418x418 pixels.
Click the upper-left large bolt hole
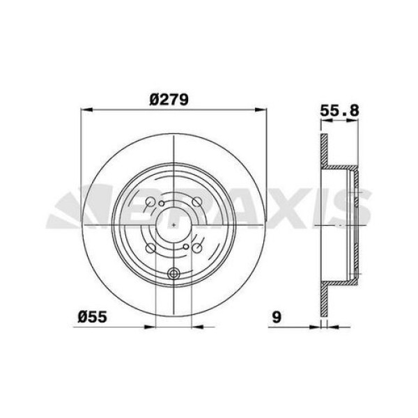click(149, 203)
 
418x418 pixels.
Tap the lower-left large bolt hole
click(149, 248)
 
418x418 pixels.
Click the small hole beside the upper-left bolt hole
click(161, 204)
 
